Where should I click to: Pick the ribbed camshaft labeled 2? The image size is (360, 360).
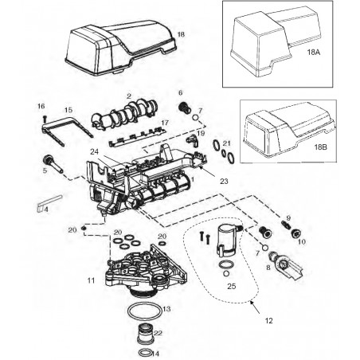coord(123,119)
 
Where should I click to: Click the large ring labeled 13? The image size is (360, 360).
coord(147,308)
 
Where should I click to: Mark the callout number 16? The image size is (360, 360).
coord(41,106)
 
